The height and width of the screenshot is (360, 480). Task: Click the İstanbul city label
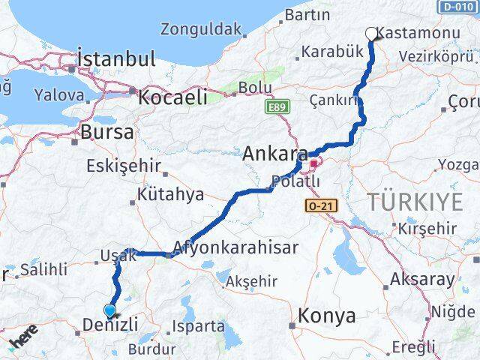pos(116,58)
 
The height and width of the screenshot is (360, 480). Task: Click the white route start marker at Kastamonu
pos(370,33)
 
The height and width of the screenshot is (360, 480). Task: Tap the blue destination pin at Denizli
pos(110,310)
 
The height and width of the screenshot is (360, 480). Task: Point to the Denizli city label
pos(109,325)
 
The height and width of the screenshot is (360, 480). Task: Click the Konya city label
pos(326,316)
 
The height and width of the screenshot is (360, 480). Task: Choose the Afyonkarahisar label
pos(235,247)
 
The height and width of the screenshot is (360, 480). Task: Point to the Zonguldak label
pos(202,30)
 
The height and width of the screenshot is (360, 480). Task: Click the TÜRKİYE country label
pos(414,200)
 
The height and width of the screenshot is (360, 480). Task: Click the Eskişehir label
pos(124,166)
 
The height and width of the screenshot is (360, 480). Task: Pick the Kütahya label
pos(170,195)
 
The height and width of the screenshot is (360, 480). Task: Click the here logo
pos(24,340)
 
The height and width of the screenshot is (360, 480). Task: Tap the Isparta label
pos(198,326)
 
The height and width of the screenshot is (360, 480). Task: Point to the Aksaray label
pos(421,280)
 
